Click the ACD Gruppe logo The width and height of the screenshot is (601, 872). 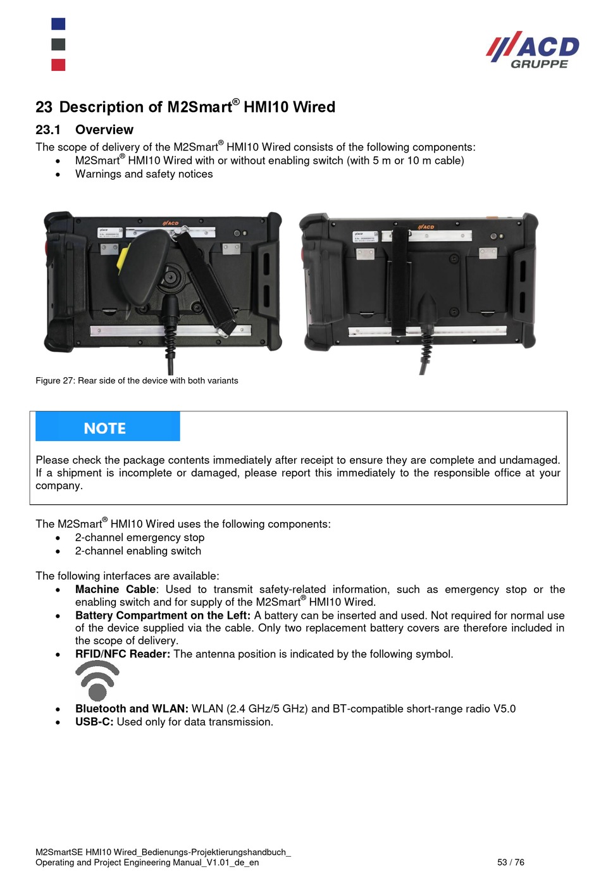pyautogui.click(x=533, y=49)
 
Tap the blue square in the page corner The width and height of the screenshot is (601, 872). pyautogui.click(x=58, y=24)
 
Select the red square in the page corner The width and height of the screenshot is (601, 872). pyautogui.click(x=58, y=65)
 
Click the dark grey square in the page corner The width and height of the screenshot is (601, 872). pyautogui.click(x=58, y=44)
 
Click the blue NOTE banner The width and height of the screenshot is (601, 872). pyautogui.click(x=108, y=427)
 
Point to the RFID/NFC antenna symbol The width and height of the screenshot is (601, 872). pyautogui.click(x=97, y=680)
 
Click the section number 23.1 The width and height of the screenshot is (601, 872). pyautogui.click(x=48, y=130)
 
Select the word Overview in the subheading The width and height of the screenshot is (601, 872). pyautogui.click(x=104, y=130)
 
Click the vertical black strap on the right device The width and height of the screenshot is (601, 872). pyautogui.click(x=400, y=278)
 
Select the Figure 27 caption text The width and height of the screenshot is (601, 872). pyautogui.click(x=137, y=380)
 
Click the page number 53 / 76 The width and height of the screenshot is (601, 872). pyautogui.click(x=511, y=862)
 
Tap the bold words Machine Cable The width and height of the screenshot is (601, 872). pyautogui.click(x=115, y=589)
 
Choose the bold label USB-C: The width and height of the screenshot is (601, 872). pyautogui.click(x=94, y=722)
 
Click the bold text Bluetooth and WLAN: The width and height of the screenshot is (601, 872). pyautogui.click(x=132, y=709)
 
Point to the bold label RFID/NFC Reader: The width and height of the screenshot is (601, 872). pyautogui.click(x=123, y=654)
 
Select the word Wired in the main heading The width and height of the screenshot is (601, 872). pyautogui.click(x=314, y=107)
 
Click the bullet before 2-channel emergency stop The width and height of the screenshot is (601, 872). pyautogui.click(x=58, y=538)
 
